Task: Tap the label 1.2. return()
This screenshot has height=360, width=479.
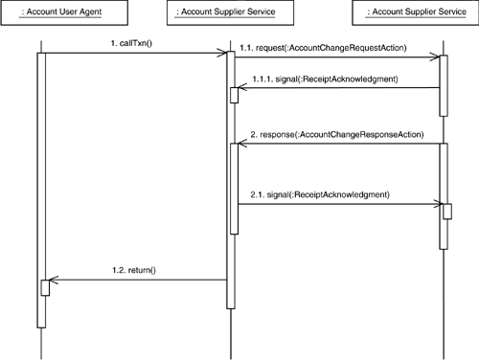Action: coord(133,271)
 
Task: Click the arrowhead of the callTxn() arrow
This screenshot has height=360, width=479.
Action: coord(220,54)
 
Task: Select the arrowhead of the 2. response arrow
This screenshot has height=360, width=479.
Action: coord(238,144)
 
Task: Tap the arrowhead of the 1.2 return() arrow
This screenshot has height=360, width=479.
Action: coord(52,281)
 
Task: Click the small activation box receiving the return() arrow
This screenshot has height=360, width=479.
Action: coord(44,287)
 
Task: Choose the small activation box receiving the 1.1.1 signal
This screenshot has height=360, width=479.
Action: coord(235,94)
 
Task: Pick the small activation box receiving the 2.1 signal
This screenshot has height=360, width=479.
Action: coord(445,211)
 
